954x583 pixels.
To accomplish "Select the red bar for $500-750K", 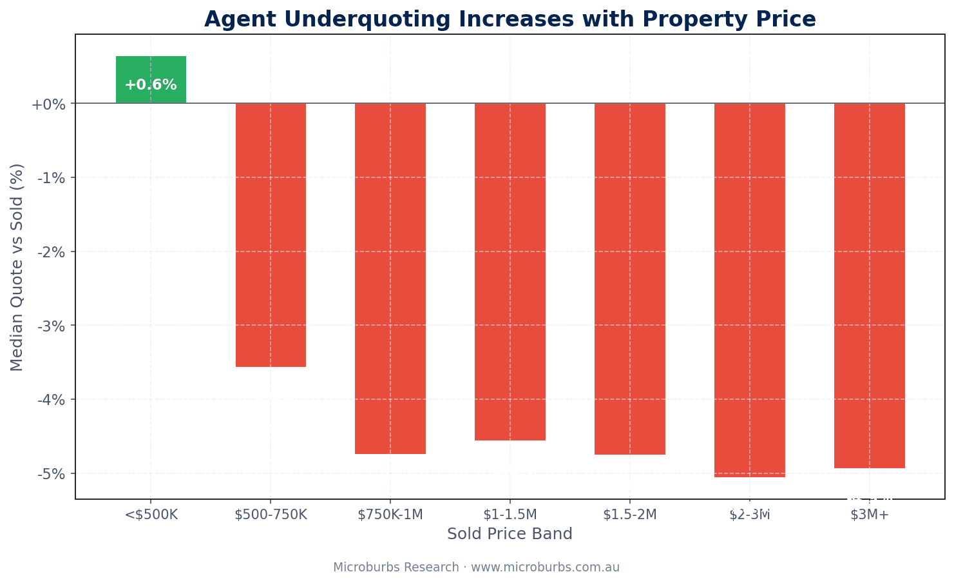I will pos(271,235).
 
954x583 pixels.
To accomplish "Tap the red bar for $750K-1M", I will pos(390,278).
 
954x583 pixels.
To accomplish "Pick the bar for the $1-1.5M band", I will pos(510,272).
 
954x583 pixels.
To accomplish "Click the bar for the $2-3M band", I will pos(750,290).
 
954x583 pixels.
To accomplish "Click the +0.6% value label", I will pos(151,85).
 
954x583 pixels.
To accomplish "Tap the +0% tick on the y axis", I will pos(48,104).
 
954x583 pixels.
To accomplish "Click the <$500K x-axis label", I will pos(151,515).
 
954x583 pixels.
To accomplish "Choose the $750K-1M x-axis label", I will pos(390,515).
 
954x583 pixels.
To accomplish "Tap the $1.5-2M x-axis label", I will pos(630,515).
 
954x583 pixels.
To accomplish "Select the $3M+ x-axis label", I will pos(870,515).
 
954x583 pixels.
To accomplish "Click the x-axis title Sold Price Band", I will pos(510,534).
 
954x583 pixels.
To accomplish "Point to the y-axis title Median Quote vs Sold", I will pos(17,267).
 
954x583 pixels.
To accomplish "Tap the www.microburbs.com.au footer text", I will pos(545,568).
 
